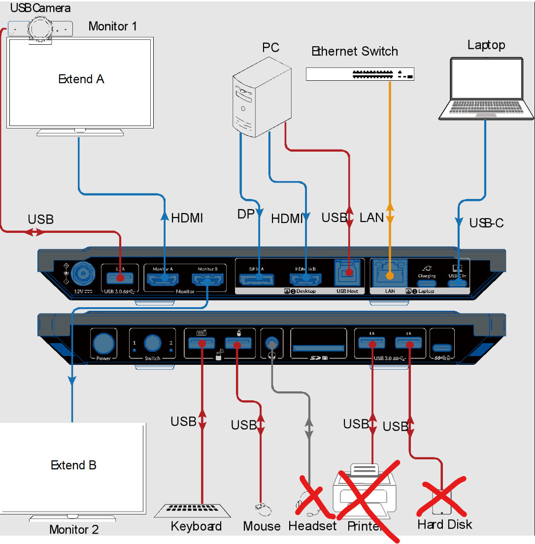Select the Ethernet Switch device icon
coord(360,74)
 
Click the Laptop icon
coord(487,89)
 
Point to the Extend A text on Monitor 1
coord(81,79)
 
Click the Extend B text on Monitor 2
coord(74,465)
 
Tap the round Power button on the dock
coord(103,343)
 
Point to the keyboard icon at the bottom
coord(187,511)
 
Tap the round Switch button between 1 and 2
coord(152,343)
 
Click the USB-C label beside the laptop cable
coord(486,223)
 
